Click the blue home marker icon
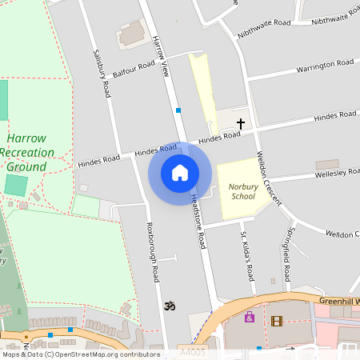coord(180,173)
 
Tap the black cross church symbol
coord(240,123)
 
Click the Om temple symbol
coord(169,306)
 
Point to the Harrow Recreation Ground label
coord(27,152)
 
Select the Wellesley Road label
coord(337,172)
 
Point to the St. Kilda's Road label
coord(248,256)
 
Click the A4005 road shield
coord(193,351)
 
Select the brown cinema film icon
coord(277,321)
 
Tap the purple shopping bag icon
coord(250,317)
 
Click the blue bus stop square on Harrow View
coord(178,110)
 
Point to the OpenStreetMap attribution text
coord(80,354)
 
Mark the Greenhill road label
coord(335,302)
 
